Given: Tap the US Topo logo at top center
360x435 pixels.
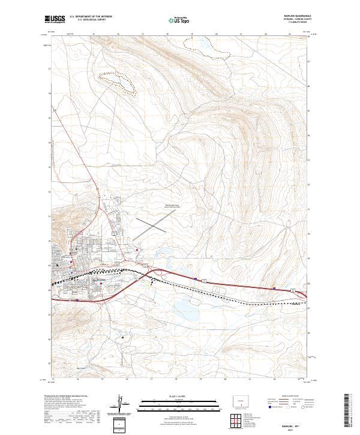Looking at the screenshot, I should (x=180, y=20).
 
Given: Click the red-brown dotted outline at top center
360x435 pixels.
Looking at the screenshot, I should (x=210, y=48).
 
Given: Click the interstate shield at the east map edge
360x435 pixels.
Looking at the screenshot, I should (x=293, y=291).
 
